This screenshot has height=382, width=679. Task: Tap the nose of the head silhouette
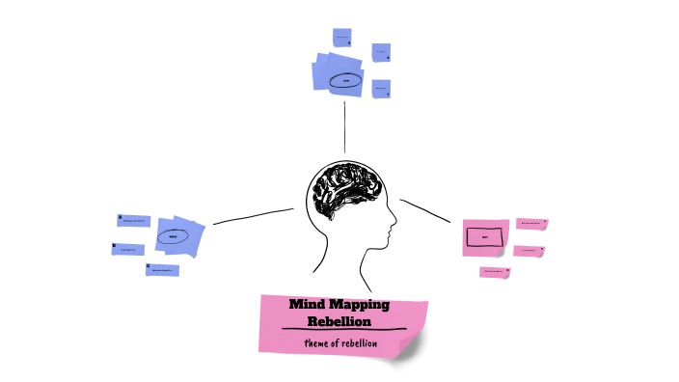394,230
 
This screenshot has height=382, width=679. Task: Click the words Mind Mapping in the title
339,304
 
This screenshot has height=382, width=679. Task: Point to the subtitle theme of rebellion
339,342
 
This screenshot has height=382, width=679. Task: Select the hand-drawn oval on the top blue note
344,81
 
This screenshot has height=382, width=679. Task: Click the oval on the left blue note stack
174,235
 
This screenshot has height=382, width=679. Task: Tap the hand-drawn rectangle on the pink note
483,236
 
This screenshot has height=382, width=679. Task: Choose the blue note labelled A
134,221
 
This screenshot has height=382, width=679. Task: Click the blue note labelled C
162,270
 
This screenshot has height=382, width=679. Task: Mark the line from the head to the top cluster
344,125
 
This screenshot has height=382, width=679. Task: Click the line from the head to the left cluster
253,216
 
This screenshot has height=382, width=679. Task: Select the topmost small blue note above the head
341,38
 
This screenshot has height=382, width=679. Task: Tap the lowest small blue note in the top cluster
381,89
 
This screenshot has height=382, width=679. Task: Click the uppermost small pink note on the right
531,223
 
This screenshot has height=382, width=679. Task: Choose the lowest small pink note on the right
495,272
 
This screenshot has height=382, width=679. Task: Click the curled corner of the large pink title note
416,349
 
